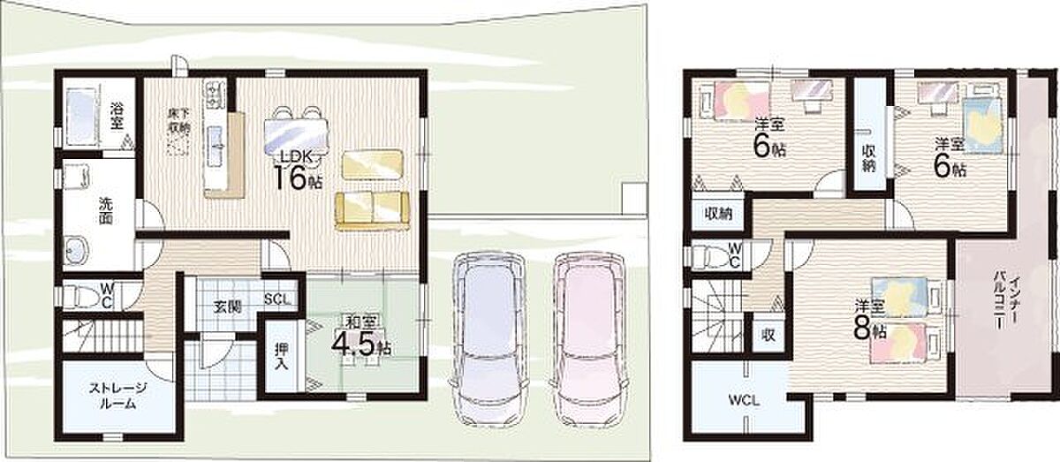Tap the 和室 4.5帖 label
(x=361, y=337)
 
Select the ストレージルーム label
(x=117, y=396)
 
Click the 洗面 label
(x=106, y=210)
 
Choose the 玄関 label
(x=228, y=307)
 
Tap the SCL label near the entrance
(x=277, y=299)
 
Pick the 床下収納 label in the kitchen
(x=178, y=121)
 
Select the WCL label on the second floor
(x=744, y=401)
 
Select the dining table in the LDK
(x=296, y=133)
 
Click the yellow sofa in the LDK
(x=372, y=211)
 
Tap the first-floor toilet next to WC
(x=83, y=295)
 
